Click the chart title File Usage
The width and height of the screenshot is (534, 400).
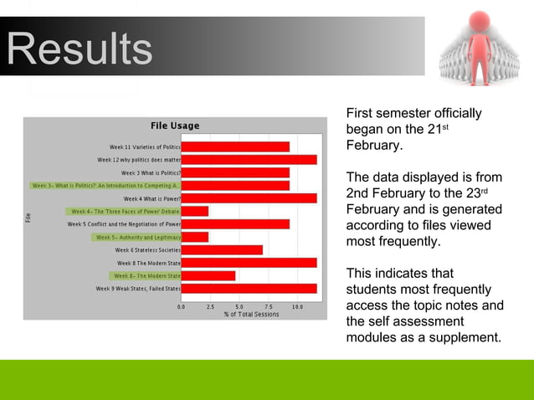pyautogui.click(x=175, y=126)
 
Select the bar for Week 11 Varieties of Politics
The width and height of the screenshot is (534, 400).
pyautogui.click(x=235, y=146)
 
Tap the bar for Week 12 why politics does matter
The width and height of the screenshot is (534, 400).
pyautogui.click(x=249, y=159)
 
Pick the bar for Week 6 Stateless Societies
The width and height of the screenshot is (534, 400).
pyautogui.click(x=222, y=249)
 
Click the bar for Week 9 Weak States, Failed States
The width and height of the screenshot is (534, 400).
pyautogui.click(x=249, y=288)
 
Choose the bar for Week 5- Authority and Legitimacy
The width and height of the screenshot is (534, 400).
pyautogui.click(x=195, y=237)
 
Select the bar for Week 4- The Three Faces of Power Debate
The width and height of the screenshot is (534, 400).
pyautogui.click(x=195, y=211)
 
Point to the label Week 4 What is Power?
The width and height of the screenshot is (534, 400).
pyautogui.click(x=151, y=198)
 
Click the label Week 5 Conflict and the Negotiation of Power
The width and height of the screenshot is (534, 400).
pyautogui.click(x=124, y=224)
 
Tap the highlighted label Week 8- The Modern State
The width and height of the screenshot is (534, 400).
pyautogui.click(x=146, y=275)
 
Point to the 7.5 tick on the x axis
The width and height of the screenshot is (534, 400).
pyautogui.click(x=268, y=307)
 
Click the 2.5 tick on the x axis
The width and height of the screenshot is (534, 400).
pyautogui.click(x=210, y=307)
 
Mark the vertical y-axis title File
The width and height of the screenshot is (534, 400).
pyautogui.click(x=28, y=218)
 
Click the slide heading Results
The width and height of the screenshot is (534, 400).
pyautogui.click(x=80, y=49)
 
